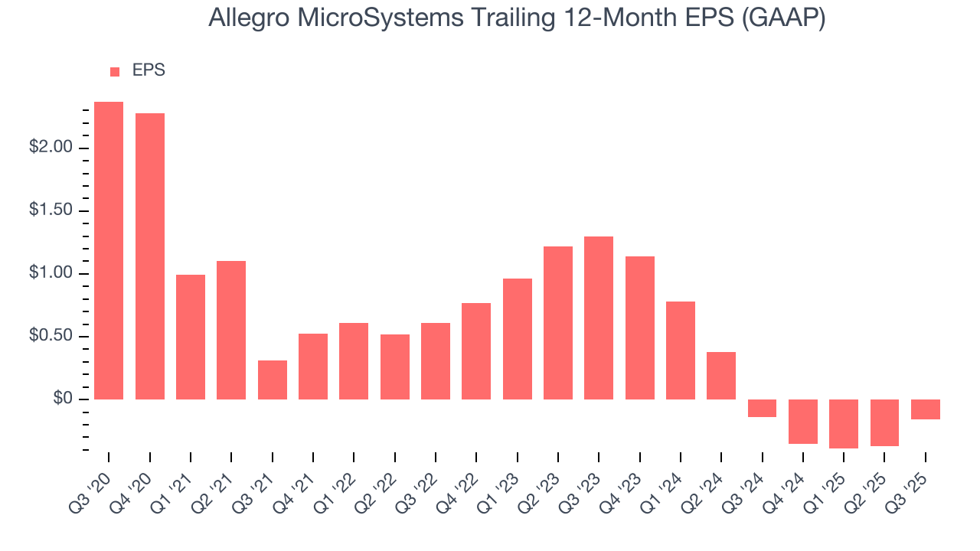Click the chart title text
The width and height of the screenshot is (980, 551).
tap(517, 18)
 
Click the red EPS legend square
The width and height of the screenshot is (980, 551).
tap(115, 71)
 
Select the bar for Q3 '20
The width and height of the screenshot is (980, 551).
tap(109, 250)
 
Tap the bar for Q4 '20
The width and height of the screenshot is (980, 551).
tap(150, 256)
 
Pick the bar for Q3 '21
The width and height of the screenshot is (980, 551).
tap(273, 380)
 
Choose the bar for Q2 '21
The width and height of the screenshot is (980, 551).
tap(231, 330)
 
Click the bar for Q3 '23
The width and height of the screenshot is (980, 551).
tap(599, 318)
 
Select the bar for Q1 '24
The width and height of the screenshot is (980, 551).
tap(681, 350)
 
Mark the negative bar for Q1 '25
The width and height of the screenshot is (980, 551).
tap(844, 423)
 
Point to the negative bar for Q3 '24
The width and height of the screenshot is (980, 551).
tap(763, 408)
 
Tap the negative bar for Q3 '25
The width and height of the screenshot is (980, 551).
tap(926, 409)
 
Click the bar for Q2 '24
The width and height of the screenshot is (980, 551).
tap(721, 376)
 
